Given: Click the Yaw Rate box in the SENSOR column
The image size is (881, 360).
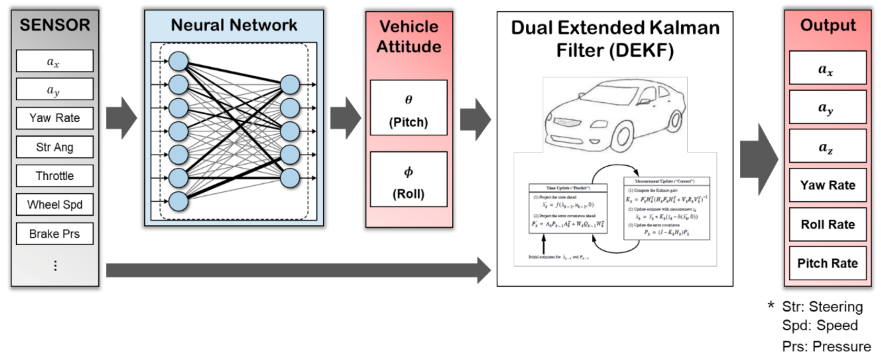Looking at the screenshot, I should point(54,118).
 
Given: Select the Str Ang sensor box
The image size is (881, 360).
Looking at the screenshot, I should point(54,147).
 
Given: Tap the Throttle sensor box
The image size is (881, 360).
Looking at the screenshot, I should point(54,176).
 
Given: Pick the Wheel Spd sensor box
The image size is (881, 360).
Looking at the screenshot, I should point(54,206).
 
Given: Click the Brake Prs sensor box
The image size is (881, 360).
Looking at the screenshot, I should point(54,234).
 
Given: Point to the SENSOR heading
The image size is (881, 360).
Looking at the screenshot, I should point(55,26).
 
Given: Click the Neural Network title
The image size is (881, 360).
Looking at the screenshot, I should point(234,26).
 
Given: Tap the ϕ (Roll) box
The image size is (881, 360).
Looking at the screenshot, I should point(409,181).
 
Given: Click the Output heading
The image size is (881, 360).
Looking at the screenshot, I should point(827,26).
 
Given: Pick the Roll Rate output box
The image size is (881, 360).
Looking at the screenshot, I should point(827,224).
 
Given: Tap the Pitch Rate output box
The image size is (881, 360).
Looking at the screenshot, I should point(827,263).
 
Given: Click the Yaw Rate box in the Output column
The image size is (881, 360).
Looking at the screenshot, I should point(827,185).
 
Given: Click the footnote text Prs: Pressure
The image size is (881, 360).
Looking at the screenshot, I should point(826,347).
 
